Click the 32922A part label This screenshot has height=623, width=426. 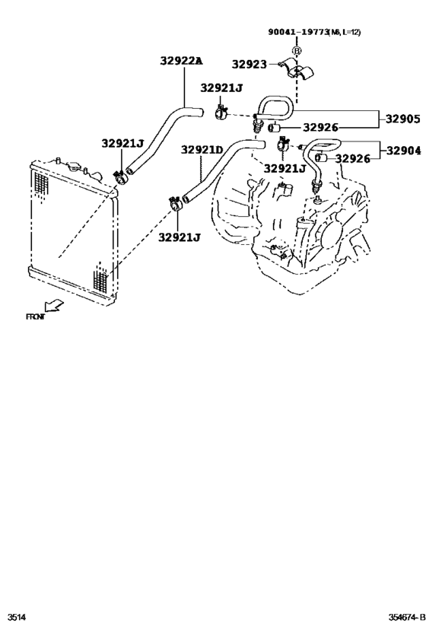pos(182,60)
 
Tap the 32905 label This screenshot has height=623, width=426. pos(402,119)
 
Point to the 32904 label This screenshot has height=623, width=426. pos(402,150)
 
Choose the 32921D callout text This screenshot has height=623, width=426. pos(202,150)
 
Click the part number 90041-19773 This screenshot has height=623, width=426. pos(296,31)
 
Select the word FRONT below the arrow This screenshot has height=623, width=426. pos(36,316)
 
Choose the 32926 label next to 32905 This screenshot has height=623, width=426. pos(320,128)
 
